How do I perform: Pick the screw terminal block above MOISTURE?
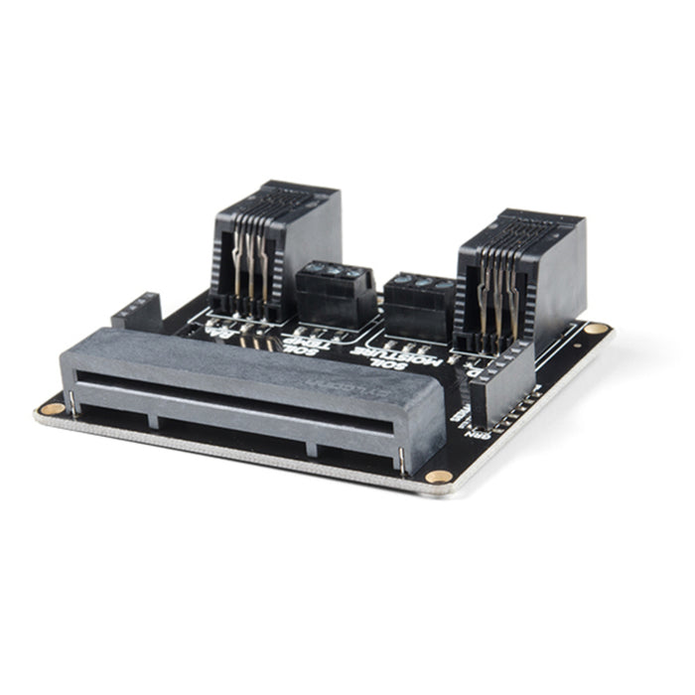[x=419, y=302]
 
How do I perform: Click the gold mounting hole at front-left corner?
[x=53, y=407]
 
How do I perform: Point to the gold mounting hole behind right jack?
[x=596, y=328]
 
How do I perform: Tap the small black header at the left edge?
[x=138, y=313]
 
